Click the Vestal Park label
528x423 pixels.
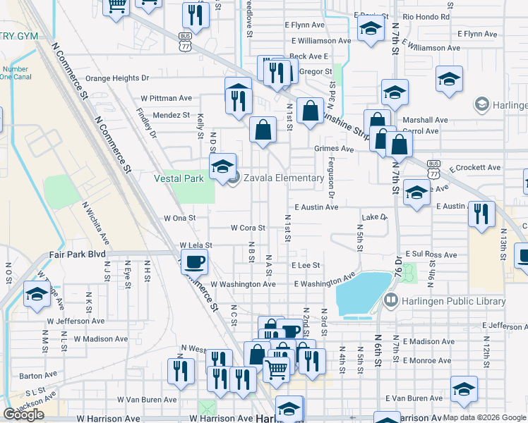point(179,178)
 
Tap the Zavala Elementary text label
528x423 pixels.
point(284,178)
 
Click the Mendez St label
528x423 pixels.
point(172,115)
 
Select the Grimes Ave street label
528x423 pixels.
point(334,149)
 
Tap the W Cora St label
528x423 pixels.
point(248,228)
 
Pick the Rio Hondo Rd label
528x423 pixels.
point(426,16)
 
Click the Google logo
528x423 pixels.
point(23,415)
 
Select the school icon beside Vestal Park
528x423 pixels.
point(223,166)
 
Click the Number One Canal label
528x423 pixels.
point(15,73)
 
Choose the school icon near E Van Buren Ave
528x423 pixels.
point(464,391)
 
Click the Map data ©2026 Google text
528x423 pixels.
point(484,417)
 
